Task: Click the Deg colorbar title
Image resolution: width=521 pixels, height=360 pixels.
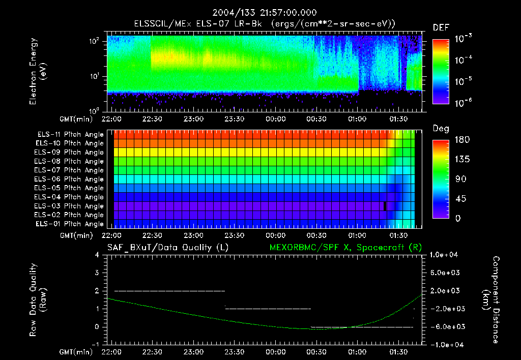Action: [x=440, y=129]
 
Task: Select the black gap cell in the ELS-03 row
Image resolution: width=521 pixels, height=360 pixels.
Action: [x=385, y=205]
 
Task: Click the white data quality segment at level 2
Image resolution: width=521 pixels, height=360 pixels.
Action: [x=169, y=291]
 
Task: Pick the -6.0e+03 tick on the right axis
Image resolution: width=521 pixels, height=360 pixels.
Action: [x=446, y=326]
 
